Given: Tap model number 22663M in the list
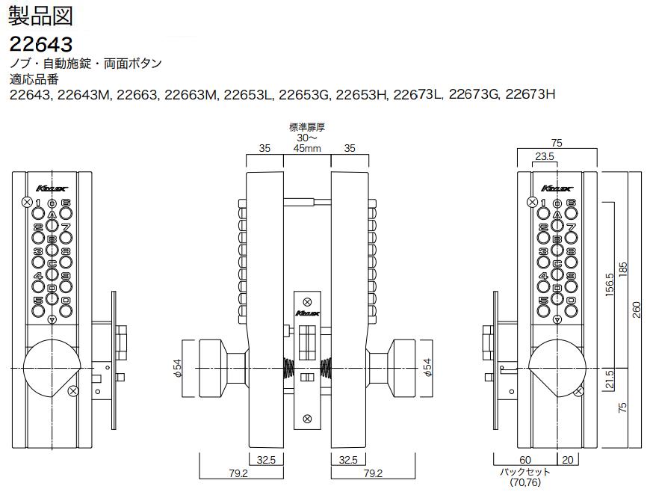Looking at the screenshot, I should point(191,95).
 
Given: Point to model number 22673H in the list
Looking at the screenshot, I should point(530,95).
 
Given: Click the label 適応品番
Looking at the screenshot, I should point(33,79).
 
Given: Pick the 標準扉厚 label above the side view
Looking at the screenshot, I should point(307,128).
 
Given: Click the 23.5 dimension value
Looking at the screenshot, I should point(544,157).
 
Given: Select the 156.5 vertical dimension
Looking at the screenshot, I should point(610,286).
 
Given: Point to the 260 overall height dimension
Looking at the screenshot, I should point(637,309).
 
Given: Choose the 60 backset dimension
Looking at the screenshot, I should point(525,460).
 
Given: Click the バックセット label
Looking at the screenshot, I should point(525,472).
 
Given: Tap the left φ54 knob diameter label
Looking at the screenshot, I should point(176,366).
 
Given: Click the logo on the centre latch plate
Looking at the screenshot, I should point(307,313).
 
